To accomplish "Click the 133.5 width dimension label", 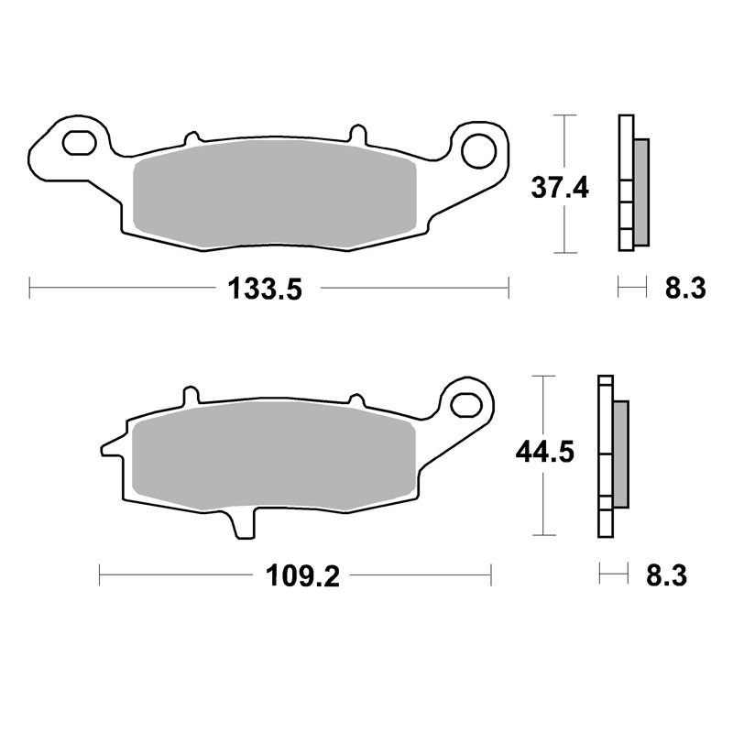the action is [265, 289].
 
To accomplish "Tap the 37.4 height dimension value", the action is [560, 188].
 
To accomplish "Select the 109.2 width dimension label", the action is [303, 576].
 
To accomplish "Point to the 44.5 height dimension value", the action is [544, 452].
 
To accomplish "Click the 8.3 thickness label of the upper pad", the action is [685, 289].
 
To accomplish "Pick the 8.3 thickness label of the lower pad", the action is [667, 576].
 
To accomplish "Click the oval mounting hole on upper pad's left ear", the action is [80, 143].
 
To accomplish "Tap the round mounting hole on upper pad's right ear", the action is [478, 150].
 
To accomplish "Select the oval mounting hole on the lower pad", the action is [466, 405].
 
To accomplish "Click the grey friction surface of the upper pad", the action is [274, 194].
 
